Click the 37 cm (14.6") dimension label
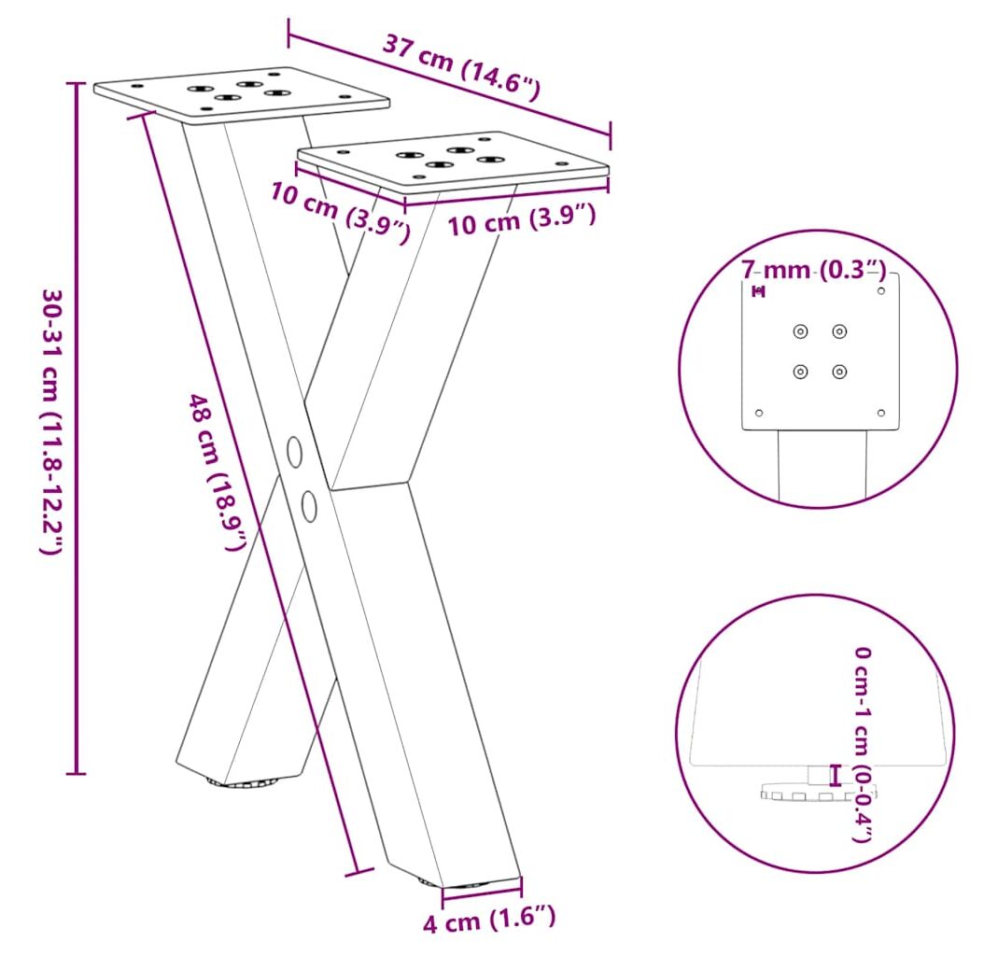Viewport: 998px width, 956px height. coord(461,69)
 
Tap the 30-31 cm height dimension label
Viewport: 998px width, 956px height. coord(52,421)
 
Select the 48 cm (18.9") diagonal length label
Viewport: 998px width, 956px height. coord(217,472)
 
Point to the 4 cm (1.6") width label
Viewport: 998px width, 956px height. coord(489,920)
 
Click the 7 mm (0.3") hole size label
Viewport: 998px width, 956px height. coord(813,270)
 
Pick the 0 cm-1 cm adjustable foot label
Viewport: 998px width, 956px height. coord(863,744)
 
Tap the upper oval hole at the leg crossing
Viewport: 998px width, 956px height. coord(294,452)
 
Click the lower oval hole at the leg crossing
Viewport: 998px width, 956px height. coord(309,506)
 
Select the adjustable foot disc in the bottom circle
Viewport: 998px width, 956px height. coord(817,792)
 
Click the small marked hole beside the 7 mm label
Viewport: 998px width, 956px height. coord(758,292)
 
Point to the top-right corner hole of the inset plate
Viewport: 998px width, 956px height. coord(881,291)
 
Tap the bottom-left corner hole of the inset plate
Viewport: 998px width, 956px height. coord(759,413)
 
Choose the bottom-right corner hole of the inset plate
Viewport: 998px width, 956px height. coord(881,413)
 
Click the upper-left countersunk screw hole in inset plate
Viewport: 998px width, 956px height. coord(800,331)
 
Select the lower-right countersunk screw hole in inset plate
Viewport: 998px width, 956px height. coord(839,371)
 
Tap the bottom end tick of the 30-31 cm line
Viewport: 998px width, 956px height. coord(76,773)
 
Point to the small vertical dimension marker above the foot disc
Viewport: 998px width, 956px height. coord(835,775)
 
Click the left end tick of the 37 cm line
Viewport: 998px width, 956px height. coord(288,33)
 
